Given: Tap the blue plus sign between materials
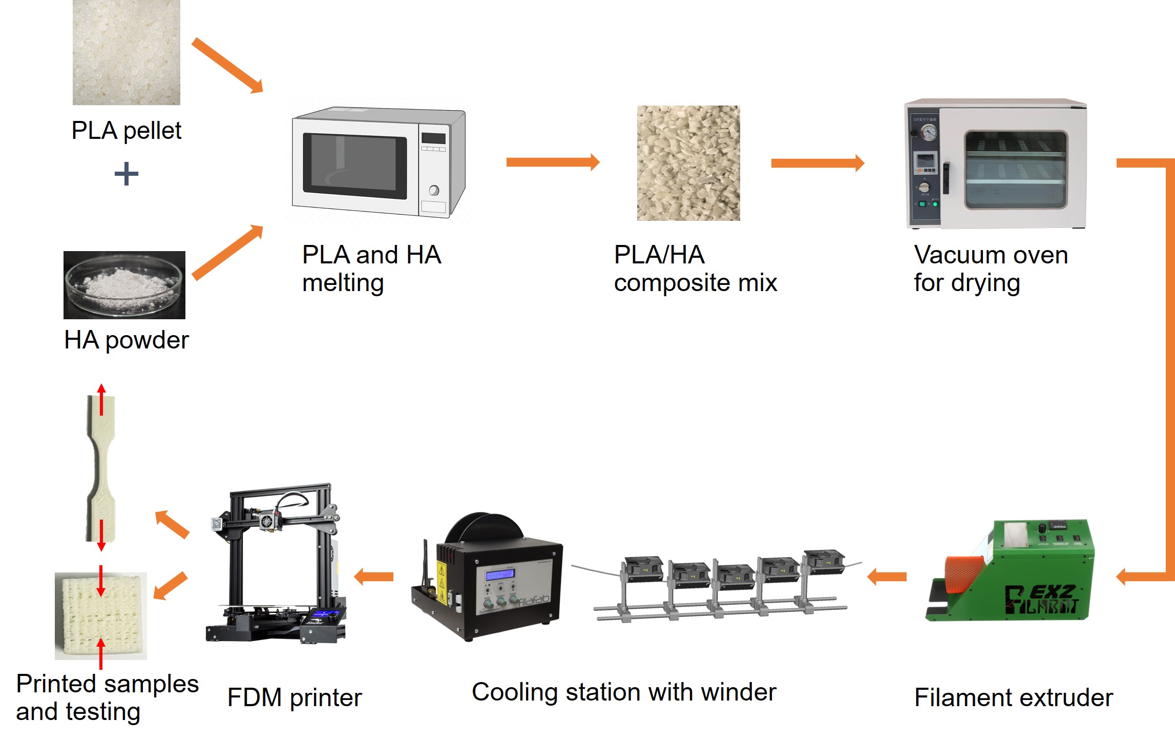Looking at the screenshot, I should (x=126, y=174).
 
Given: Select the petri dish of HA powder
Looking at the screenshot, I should (x=124, y=285).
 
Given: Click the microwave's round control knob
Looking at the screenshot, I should (x=434, y=191).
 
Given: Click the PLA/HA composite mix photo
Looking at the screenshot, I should (x=688, y=163).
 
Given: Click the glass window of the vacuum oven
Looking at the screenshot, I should (x=1015, y=169).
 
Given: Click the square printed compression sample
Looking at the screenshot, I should (x=101, y=615).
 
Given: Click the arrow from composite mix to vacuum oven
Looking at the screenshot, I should (x=817, y=163).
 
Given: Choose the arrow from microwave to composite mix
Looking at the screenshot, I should (x=552, y=162).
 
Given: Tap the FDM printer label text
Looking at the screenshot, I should (x=295, y=698).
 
